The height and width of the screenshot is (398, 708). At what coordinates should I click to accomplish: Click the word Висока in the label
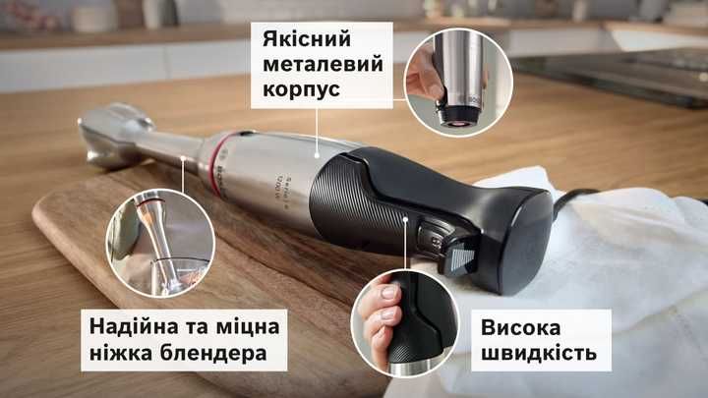pyautogui.click(x=524, y=326)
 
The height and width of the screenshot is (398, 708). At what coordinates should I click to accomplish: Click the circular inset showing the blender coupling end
pyautogui.click(x=448, y=82)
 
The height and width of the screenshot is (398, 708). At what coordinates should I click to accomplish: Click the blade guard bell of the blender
pyautogui.click(x=108, y=137)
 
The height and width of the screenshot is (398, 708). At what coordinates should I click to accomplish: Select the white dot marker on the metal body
pyautogui.click(x=316, y=154)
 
